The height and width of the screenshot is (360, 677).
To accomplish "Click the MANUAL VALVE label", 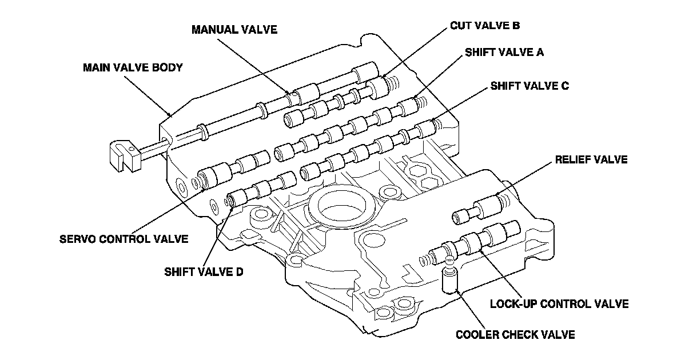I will pyautogui.click(x=234, y=30).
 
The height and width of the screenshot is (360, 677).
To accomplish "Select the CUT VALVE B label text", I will pyautogui.click(x=484, y=26).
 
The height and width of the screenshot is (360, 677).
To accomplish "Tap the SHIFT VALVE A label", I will pyautogui.click(x=504, y=53).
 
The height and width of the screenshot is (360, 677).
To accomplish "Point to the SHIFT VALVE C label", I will pyautogui.click(x=529, y=86).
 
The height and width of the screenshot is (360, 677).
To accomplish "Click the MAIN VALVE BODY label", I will pyautogui.click(x=133, y=67).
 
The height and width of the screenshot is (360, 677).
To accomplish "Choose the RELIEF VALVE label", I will pyautogui.click(x=591, y=160).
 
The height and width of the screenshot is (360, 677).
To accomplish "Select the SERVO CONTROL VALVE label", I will pyautogui.click(x=124, y=238).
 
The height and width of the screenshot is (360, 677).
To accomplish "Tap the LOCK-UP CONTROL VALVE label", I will pyautogui.click(x=559, y=303).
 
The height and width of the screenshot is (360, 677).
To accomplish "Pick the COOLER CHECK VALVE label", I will pyautogui.click(x=515, y=335).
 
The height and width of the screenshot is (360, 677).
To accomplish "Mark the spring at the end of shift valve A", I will pyautogui.click(x=420, y=103).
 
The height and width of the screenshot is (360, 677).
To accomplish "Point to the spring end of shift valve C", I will pyautogui.click(x=436, y=124).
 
